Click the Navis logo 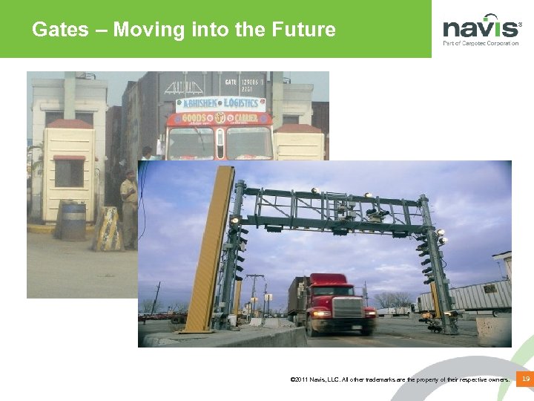(481, 28)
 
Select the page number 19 (525, 379)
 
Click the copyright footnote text (400, 380)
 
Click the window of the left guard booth (69, 172)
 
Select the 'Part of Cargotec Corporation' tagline (481, 44)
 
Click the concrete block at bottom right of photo (493, 332)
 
